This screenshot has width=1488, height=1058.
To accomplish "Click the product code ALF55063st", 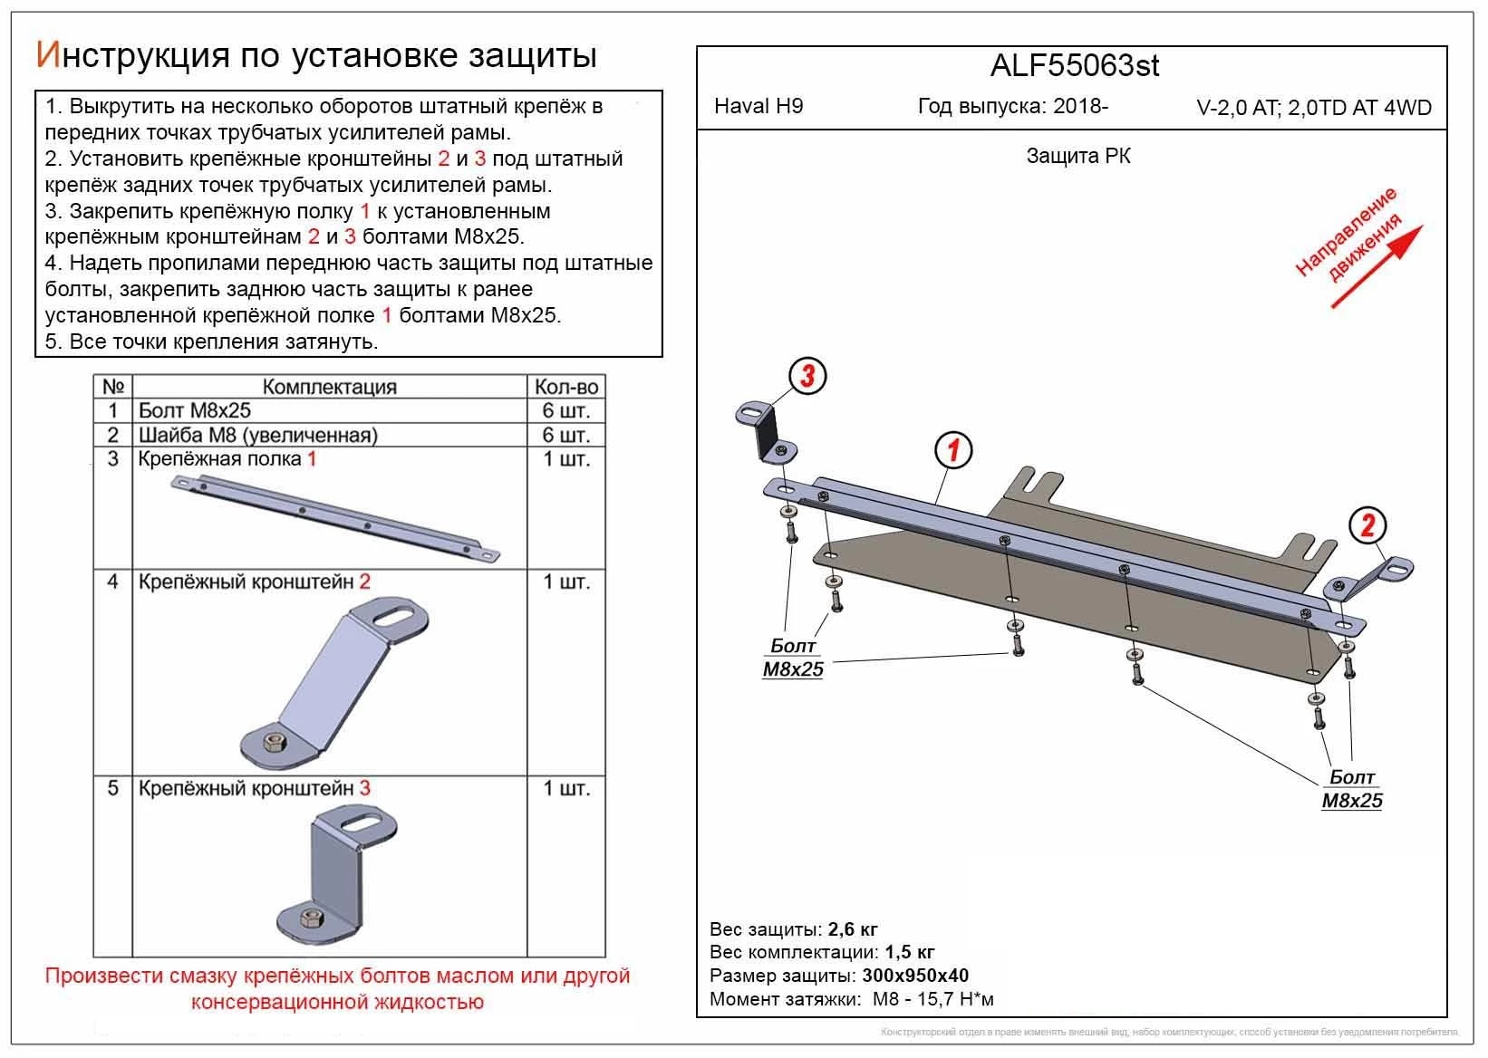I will pos(1074,66).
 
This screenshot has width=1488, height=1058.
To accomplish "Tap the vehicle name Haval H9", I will pos(758,106).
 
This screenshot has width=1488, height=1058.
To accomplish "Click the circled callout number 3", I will pos(807,376).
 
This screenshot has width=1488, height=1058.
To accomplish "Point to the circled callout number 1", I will pos(952,450).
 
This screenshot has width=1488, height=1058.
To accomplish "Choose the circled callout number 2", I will pos(1367,525).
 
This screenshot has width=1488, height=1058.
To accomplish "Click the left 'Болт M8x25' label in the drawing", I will pos(793,658).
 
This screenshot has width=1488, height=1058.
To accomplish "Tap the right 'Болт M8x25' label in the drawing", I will pos(1352,789).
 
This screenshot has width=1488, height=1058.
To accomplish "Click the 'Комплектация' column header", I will pos(329,387).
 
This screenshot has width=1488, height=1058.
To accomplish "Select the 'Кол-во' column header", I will pos(566,387).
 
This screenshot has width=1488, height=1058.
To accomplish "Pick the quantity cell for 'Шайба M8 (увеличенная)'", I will pos(566,435).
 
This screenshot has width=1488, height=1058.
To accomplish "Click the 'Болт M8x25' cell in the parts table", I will pos(194,410).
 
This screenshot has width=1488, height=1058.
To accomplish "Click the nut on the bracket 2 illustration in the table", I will pos(272,743).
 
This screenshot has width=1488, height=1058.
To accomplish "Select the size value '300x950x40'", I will pos(914,976).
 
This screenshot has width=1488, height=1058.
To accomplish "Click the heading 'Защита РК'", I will pos(1077,156).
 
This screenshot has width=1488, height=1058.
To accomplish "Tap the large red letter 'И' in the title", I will pos(48,55).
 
